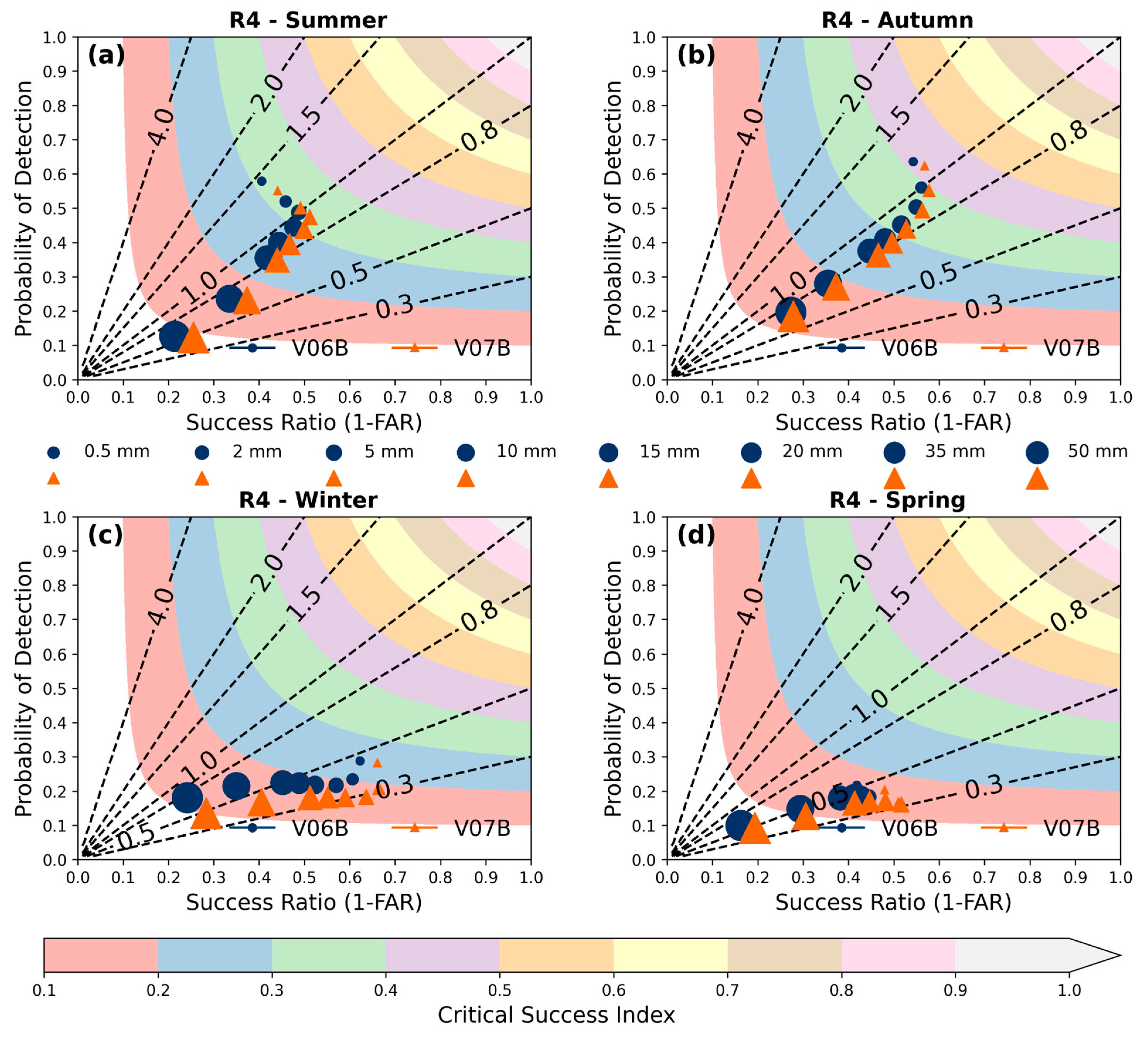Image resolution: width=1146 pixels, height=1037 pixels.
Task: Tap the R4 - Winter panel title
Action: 308,500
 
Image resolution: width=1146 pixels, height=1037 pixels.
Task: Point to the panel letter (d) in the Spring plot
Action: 695,535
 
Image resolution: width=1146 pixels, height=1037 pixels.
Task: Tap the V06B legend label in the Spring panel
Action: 910,828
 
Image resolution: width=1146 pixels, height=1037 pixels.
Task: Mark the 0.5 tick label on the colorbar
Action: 500,990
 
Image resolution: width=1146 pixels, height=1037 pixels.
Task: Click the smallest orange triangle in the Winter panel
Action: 377,763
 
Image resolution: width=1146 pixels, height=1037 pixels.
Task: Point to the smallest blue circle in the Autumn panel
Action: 913,161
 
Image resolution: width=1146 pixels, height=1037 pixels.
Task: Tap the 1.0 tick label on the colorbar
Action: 1069,990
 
